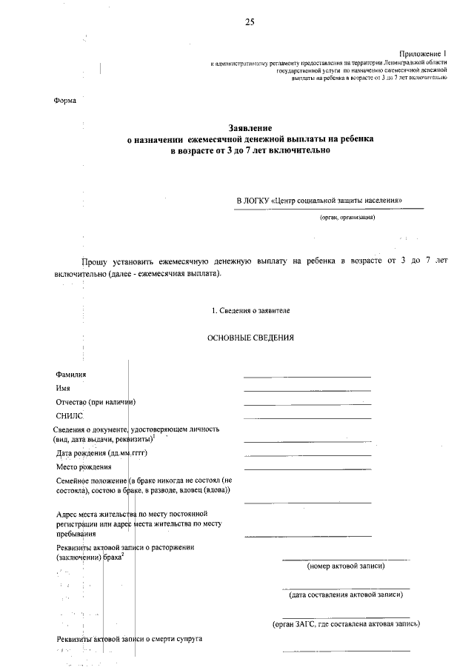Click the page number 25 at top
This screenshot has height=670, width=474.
250,23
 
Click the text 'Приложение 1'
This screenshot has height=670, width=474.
424,54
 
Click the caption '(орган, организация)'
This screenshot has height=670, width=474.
347,218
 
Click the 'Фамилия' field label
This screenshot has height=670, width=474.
71,375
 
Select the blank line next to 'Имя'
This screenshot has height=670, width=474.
307,390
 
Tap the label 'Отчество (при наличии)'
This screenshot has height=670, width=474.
98,402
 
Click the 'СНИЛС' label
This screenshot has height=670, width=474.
72,416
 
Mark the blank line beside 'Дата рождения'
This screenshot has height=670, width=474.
307,455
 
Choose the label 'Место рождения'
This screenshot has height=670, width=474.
84,467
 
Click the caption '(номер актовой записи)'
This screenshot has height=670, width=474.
345,566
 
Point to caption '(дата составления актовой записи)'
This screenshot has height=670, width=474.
346,594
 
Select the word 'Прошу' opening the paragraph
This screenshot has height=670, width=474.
94,261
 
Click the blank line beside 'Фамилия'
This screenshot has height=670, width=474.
307,377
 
